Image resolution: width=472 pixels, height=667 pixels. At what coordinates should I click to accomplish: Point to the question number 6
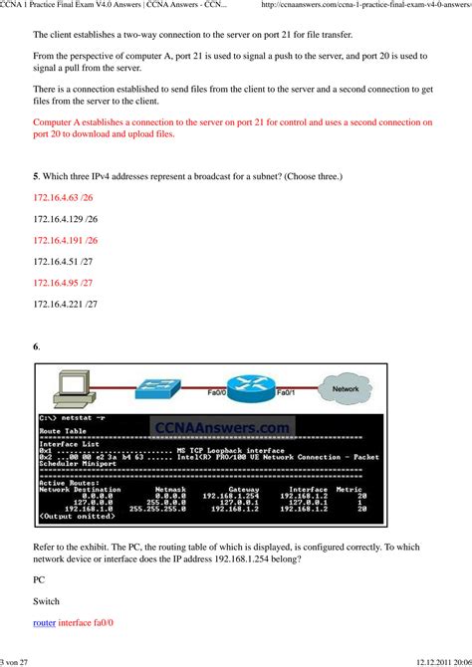tap(36, 346)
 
